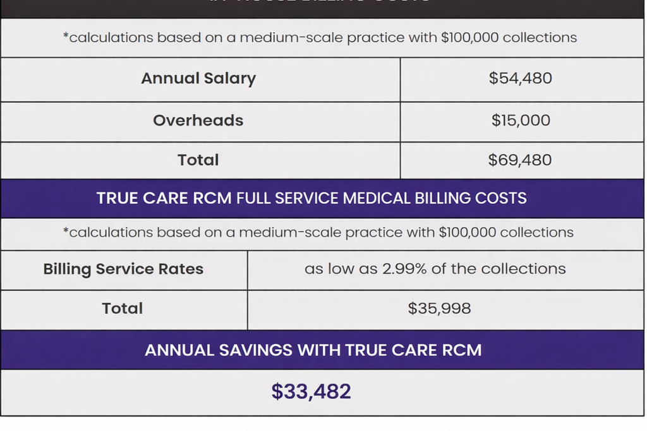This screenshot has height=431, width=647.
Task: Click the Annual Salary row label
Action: click(x=198, y=79)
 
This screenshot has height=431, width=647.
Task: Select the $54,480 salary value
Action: click(x=520, y=79)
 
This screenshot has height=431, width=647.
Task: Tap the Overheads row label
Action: click(x=198, y=121)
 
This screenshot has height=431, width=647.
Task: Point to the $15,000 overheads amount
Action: click(x=521, y=121)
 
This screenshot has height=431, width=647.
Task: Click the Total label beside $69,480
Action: click(x=198, y=160)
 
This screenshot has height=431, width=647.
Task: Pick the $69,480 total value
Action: click(x=520, y=160)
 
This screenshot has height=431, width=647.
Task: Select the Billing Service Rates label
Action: click(x=123, y=269)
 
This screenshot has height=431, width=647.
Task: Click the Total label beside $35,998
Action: click(x=123, y=309)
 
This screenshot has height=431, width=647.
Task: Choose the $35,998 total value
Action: click(x=439, y=309)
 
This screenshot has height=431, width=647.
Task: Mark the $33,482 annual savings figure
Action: click(x=311, y=392)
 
